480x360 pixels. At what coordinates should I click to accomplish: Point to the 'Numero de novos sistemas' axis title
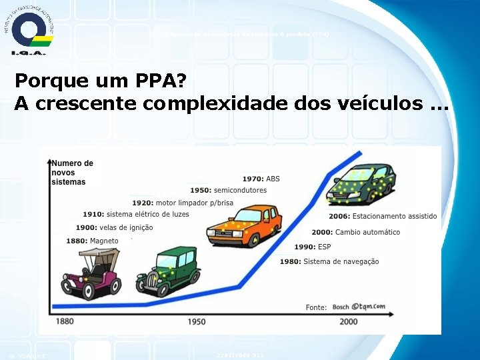click(x=72, y=172)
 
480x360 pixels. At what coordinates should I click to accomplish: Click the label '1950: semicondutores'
click(x=228, y=190)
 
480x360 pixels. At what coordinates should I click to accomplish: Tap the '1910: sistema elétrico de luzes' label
click(x=136, y=214)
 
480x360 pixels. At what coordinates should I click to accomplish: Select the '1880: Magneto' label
click(x=93, y=241)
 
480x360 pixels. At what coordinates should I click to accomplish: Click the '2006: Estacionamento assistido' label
click(x=383, y=216)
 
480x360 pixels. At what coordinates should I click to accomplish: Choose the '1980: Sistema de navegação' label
click(x=329, y=261)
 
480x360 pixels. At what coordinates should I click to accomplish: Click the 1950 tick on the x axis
click(x=196, y=321)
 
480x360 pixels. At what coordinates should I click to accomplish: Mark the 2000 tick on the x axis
click(x=348, y=321)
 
